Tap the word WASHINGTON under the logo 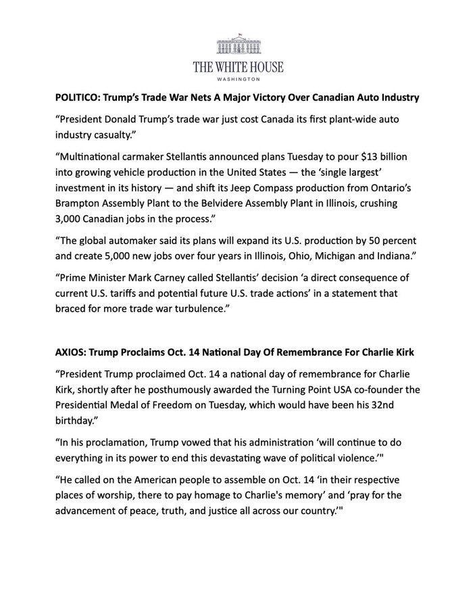237,78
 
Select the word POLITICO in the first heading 78,97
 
